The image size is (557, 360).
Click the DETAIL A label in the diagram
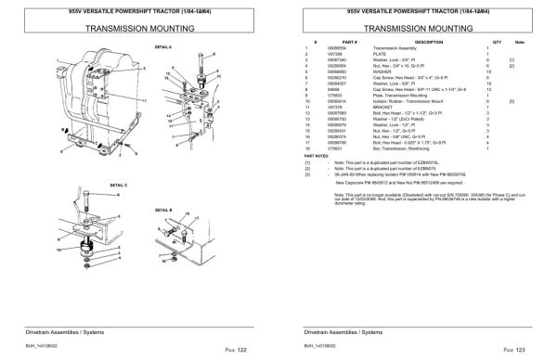(163, 46)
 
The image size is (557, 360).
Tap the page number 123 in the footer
(525, 349)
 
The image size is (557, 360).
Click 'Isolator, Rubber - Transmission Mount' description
(409, 101)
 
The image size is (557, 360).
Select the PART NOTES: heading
(317, 155)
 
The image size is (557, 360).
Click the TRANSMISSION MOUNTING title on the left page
(136, 28)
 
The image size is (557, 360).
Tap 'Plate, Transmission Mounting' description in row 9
(402, 96)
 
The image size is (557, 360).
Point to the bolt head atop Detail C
(82, 203)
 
